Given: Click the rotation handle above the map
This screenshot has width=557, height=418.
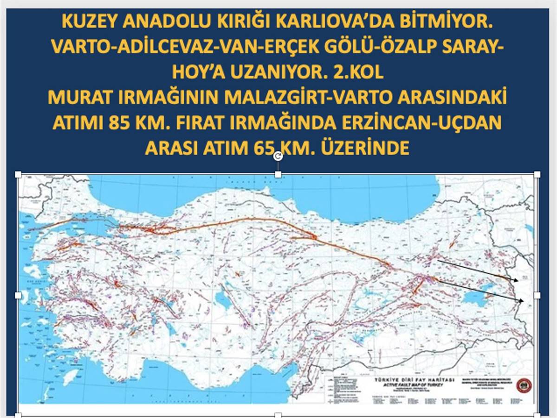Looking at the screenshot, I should point(278,156).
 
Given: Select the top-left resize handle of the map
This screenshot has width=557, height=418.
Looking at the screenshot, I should point(19,174).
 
